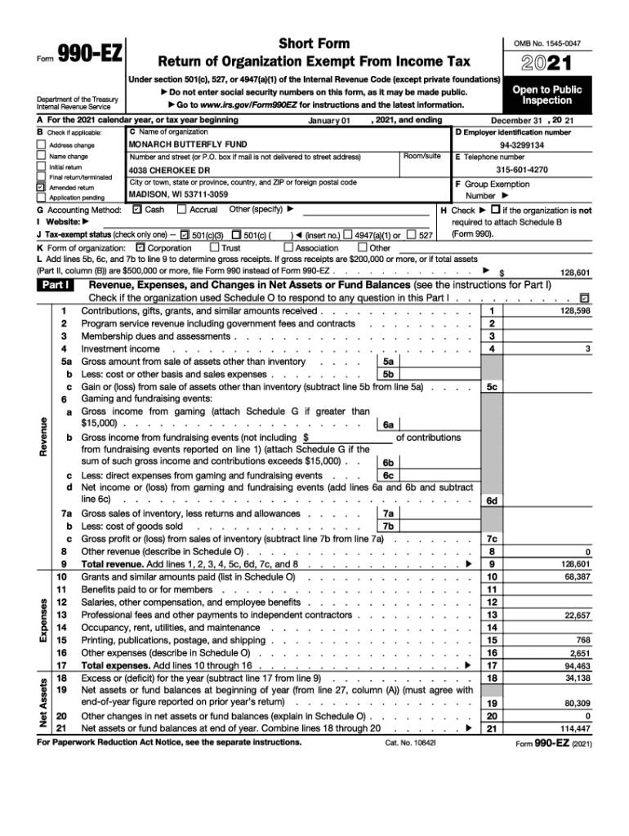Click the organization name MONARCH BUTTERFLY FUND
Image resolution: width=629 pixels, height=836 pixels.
pyautogui.click(x=177, y=144)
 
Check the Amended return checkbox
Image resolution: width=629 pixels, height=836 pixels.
pyautogui.click(x=41, y=187)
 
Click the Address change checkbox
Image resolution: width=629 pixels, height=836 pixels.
pyautogui.click(x=41, y=145)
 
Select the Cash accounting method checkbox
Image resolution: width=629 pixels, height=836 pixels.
pyautogui.click(x=136, y=210)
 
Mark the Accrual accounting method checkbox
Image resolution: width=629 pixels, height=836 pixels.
pyautogui.click(x=181, y=210)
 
